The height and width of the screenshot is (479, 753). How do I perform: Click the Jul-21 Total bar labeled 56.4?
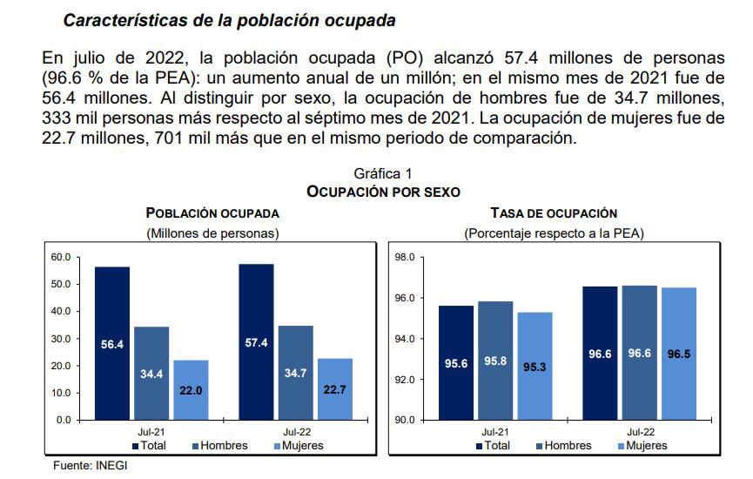[112, 343]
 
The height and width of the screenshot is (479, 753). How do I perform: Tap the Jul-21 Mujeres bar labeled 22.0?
[191, 390]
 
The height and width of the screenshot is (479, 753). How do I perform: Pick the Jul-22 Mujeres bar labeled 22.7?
[335, 388]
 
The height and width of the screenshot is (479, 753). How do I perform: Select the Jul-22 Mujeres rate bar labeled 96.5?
[679, 354]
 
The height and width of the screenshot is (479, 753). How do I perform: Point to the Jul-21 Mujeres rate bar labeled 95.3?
[534, 366]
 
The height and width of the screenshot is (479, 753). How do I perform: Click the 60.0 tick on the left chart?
[60, 257]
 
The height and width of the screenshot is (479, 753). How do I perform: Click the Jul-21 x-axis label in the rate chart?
[495, 431]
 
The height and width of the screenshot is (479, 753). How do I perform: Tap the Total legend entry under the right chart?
[494, 446]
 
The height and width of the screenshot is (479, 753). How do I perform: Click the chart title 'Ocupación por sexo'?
[383, 191]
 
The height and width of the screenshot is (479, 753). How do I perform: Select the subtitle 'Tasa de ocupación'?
[554, 213]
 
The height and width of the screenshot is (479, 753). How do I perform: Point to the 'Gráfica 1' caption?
[383, 174]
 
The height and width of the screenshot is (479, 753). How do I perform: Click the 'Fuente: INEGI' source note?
[90, 466]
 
